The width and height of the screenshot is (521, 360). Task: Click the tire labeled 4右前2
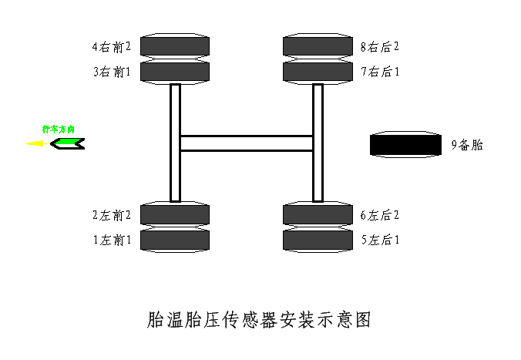point(175,45)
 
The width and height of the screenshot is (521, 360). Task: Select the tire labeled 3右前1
point(175,72)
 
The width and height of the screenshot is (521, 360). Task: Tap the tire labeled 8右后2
point(318,45)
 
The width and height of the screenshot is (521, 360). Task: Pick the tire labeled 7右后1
point(318,72)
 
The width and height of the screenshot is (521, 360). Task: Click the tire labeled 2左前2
point(175,214)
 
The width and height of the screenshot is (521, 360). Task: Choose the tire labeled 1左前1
point(175,240)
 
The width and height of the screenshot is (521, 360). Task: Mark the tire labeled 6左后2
point(318,214)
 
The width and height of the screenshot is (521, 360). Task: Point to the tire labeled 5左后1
point(318,240)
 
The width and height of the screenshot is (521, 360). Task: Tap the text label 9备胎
point(467,144)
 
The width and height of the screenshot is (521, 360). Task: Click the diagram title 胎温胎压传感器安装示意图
point(259,320)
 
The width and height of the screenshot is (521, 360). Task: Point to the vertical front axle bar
point(175,143)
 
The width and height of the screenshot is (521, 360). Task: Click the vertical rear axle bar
point(318,143)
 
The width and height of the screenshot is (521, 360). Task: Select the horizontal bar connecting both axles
point(246,143)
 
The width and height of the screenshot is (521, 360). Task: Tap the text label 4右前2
point(112,46)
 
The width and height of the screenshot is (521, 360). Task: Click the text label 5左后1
point(380,240)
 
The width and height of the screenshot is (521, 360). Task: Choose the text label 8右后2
point(380,46)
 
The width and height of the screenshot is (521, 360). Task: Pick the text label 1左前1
point(112,240)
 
